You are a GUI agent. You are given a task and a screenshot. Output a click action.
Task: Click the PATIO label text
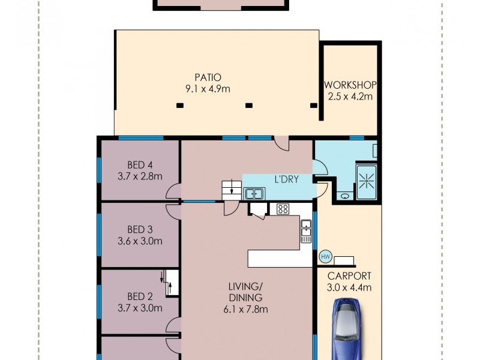tap(208, 77)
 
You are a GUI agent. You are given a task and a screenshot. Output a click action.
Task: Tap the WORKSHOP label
tap(350, 84)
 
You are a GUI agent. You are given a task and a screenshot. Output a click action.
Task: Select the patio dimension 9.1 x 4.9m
tap(208, 89)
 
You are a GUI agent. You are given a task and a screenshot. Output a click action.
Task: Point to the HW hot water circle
tap(326, 256)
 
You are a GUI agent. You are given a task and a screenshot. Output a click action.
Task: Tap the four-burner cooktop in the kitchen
tap(283, 209)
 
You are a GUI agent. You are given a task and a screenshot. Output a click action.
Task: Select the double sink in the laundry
tap(254, 194)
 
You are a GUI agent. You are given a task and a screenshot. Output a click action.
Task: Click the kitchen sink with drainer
tap(306, 231)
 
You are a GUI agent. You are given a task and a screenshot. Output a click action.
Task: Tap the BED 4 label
tap(140, 165)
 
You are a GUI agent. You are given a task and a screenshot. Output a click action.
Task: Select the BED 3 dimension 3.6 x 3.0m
tap(140, 241)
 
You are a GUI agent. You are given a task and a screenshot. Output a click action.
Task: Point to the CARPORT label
tap(349, 276)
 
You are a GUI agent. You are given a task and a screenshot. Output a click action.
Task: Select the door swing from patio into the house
tap(282, 144)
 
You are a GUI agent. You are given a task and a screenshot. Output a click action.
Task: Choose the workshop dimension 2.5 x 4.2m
tap(350, 95)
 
